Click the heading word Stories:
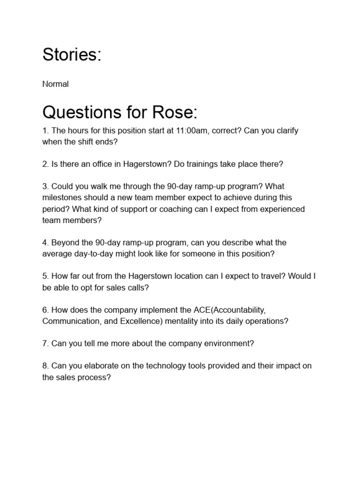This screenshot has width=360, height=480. [72, 55]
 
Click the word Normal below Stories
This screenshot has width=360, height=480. [55, 84]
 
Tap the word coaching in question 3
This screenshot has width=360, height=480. [168, 209]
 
